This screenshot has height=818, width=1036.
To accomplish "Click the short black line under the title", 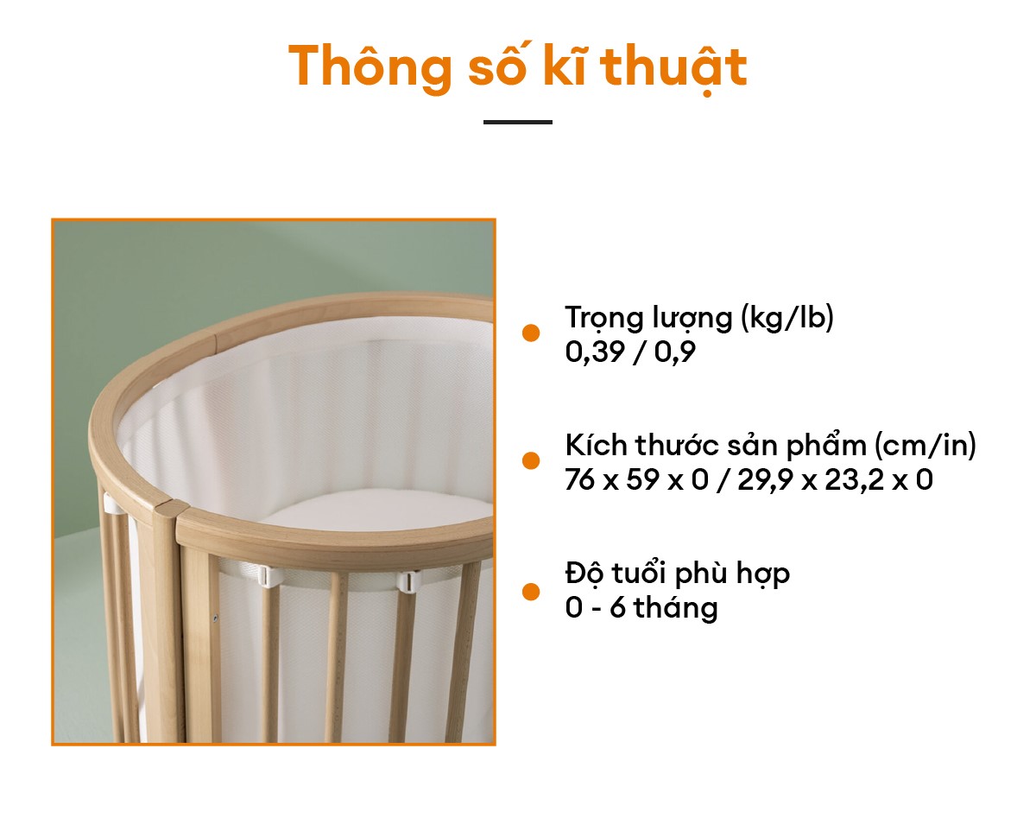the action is pyautogui.click(x=517, y=123).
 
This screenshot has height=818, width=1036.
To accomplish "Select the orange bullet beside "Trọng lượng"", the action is pyautogui.click(x=530, y=333).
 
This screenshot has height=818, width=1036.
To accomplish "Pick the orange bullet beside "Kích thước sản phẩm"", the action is pyautogui.click(x=530, y=460).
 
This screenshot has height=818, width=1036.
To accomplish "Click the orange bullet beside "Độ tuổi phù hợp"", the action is pyautogui.click(x=530, y=592).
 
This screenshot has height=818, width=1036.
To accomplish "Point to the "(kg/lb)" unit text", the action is pyautogui.click(x=787, y=319).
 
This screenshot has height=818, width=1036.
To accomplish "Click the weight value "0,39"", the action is pyautogui.click(x=595, y=352).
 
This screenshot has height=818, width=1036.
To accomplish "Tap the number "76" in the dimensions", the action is pyautogui.click(x=579, y=479).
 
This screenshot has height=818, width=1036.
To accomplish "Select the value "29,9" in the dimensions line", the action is pyautogui.click(x=765, y=480).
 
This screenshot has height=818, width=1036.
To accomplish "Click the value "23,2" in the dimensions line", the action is pyautogui.click(x=855, y=480).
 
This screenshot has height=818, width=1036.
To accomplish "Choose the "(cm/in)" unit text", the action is pyautogui.click(x=925, y=446).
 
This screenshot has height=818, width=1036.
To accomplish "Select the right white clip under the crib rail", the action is pyautogui.click(x=408, y=581).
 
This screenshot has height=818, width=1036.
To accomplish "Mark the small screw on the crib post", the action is pyautogui.click(x=215, y=617).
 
